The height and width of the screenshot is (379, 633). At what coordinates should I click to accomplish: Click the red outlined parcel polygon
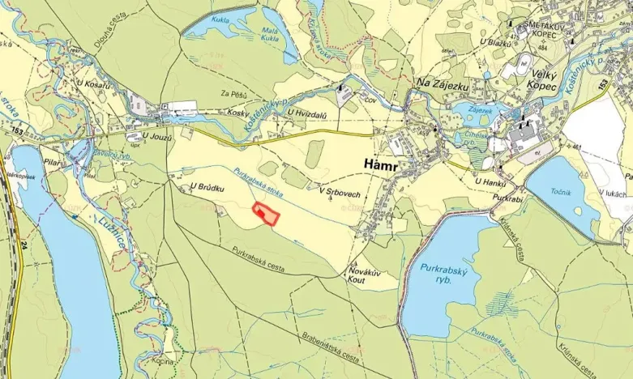point(265,214)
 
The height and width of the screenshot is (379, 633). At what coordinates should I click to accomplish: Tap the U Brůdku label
point(205,187)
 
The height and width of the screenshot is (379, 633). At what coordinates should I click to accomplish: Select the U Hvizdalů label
point(306,117)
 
